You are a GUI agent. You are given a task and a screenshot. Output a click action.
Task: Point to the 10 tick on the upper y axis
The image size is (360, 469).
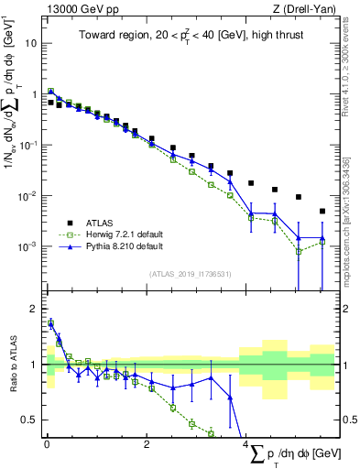pyautogui.click(x=34, y=43)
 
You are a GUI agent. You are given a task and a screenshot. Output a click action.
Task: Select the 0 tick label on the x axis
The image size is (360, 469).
pyautogui.click(x=47, y=446)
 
